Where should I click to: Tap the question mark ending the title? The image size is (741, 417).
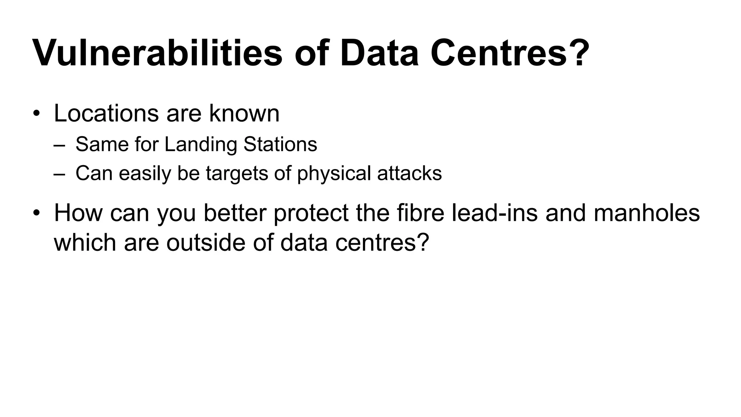coord(577,53)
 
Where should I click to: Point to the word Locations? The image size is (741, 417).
coord(106,113)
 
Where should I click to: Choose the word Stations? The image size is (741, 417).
coord(280,144)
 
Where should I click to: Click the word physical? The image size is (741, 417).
coord(334,174)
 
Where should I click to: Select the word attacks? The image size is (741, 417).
coord(409,173)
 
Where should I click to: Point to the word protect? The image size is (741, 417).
coord(311,213)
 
